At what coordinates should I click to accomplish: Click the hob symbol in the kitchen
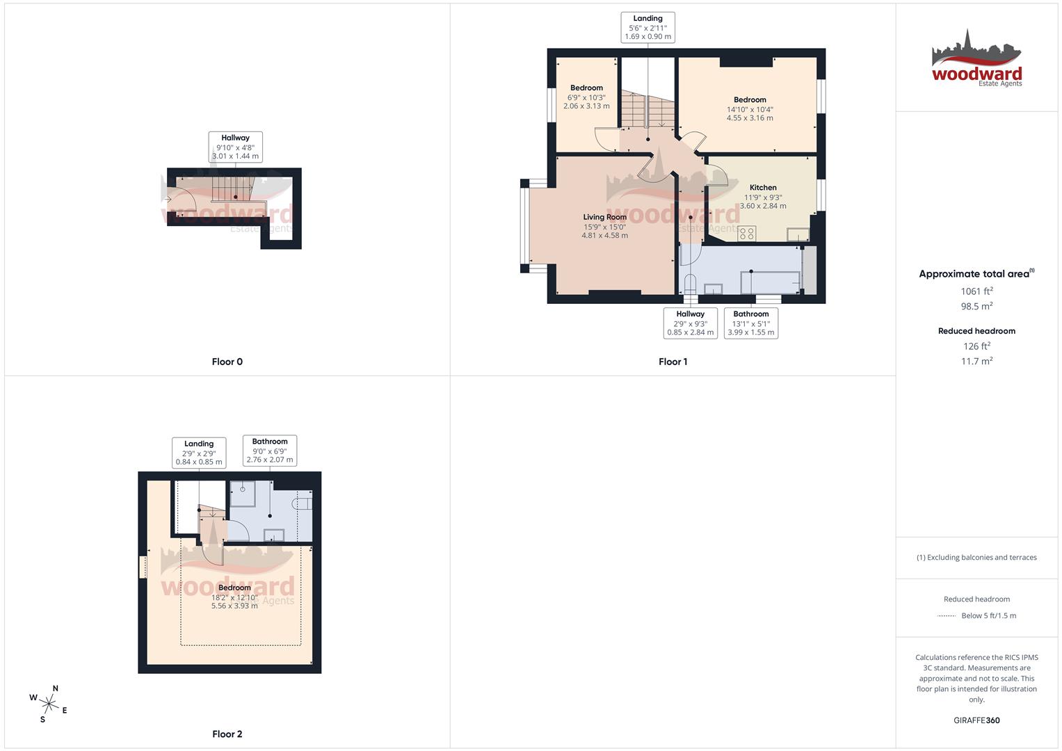pos(747,234)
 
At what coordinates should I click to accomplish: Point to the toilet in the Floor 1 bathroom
pos(690,285)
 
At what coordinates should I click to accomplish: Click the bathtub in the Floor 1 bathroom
pos(770,282)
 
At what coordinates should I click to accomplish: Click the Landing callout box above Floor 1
pos(647,28)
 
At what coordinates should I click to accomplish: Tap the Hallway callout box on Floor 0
pos(235,147)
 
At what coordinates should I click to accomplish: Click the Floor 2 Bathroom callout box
pos(270,451)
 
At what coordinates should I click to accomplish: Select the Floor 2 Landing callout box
pos(199,453)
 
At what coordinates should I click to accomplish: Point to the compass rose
pos(49,703)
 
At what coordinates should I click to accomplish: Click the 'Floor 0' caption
pos(227,362)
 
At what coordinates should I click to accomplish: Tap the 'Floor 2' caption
pos(227,734)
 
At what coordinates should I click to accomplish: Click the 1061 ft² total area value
pos(976,291)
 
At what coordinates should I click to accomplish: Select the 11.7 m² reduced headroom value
pos(976,361)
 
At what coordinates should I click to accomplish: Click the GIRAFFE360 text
pos(976,720)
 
